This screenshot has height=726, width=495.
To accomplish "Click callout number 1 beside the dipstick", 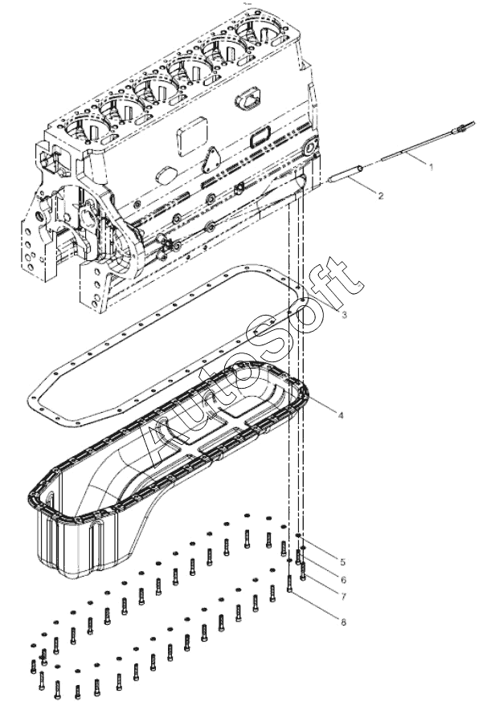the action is pyautogui.click(x=431, y=166).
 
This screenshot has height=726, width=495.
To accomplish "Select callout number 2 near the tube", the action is pyautogui.click(x=381, y=196).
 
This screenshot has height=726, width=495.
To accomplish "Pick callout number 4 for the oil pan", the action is pyautogui.click(x=341, y=415).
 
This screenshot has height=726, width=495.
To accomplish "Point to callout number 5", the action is pyautogui.click(x=342, y=562).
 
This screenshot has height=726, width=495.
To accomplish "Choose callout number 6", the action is pyautogui.click(x=343, y=579).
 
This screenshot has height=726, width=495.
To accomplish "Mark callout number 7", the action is pyautogui.click(x=343, y=597).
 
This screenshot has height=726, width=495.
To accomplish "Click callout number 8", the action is pyautogui.click(x=343, y=622).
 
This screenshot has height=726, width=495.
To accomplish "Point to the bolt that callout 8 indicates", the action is pyautogui.click(x=289, y=583).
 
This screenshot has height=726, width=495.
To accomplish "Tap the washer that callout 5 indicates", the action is pyautogui.click(x=297, y=536).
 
